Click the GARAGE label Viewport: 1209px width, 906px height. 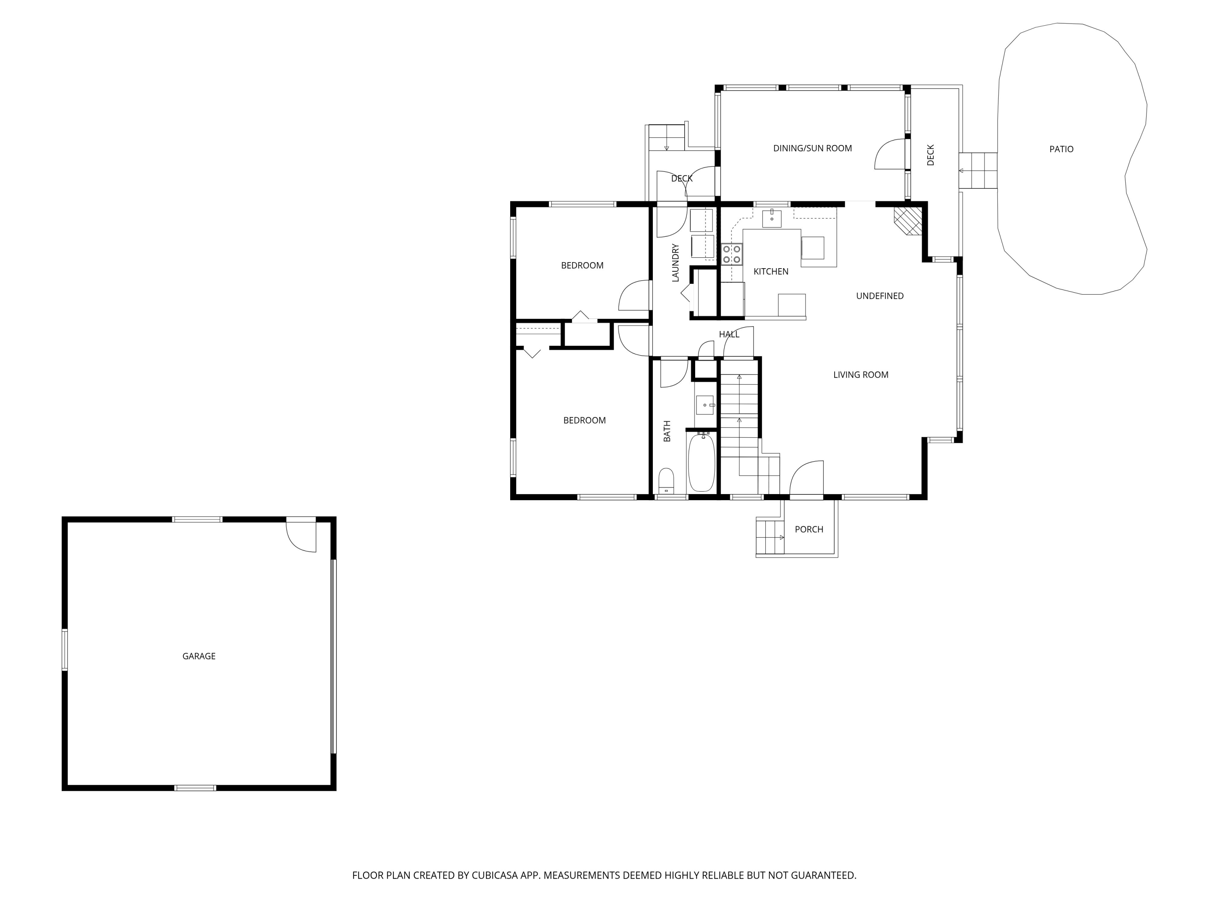[x=199, y=656]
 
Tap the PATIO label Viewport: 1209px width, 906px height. [x=1061, y=149]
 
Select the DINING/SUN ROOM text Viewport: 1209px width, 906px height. [x=812, y=148]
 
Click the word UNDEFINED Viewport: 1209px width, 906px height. [x=879, y=296]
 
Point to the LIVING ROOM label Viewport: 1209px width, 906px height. [x=860, y=374]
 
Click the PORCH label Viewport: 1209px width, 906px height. [x=808, y=529]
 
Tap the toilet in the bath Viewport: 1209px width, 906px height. [x=666, y=480]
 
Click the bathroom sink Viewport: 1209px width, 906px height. [x=704, y=405]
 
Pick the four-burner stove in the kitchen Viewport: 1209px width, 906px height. [x=731, y=254]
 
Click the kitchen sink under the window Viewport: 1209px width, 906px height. [x=772, y=218]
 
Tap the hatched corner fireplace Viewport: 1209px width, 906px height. [x=908, y=220]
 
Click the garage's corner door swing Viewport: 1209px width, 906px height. [x=301, y=536]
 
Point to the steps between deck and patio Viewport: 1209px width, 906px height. [x=978, y=170]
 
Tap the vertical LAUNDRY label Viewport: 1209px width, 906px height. [x=675, y=263]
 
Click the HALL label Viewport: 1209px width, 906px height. [x=729, y=334]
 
